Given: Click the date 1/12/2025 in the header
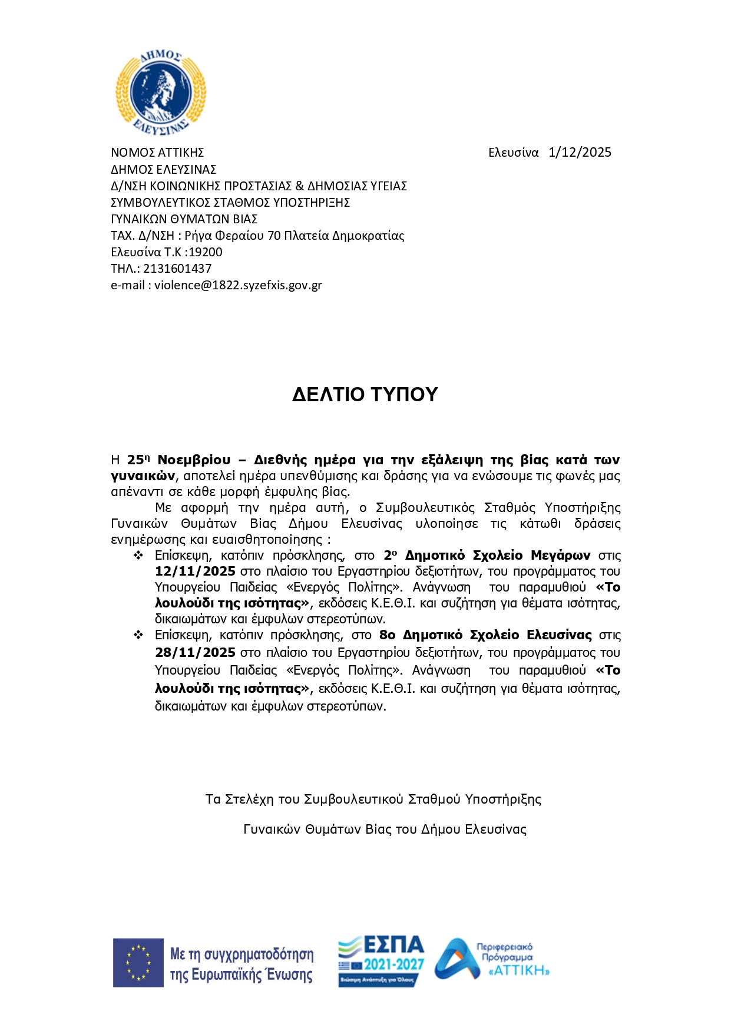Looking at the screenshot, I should [580, 153].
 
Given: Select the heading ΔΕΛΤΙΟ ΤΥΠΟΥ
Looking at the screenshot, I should [365, 394].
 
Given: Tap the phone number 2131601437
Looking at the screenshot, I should [177, 269].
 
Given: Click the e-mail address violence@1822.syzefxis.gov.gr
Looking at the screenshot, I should [238, 285].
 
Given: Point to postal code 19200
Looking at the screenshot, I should [206, 252].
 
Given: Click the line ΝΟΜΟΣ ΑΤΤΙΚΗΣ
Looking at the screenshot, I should [157, 153].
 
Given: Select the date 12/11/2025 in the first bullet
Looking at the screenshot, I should [195, 571].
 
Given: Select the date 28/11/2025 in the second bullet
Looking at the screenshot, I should [195, 653].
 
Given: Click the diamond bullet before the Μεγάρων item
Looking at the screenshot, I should [138, 556].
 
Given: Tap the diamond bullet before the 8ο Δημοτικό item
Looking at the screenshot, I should [138, 635].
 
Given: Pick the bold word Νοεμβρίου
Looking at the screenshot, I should [194, 460].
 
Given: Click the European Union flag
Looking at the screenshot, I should [138, 963].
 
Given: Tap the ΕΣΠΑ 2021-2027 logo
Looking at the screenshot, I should [381, 962].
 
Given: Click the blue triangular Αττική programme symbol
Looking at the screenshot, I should [457, 960].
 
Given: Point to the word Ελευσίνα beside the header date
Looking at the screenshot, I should [513, 153].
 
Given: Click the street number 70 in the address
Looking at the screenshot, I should [274, 236].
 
